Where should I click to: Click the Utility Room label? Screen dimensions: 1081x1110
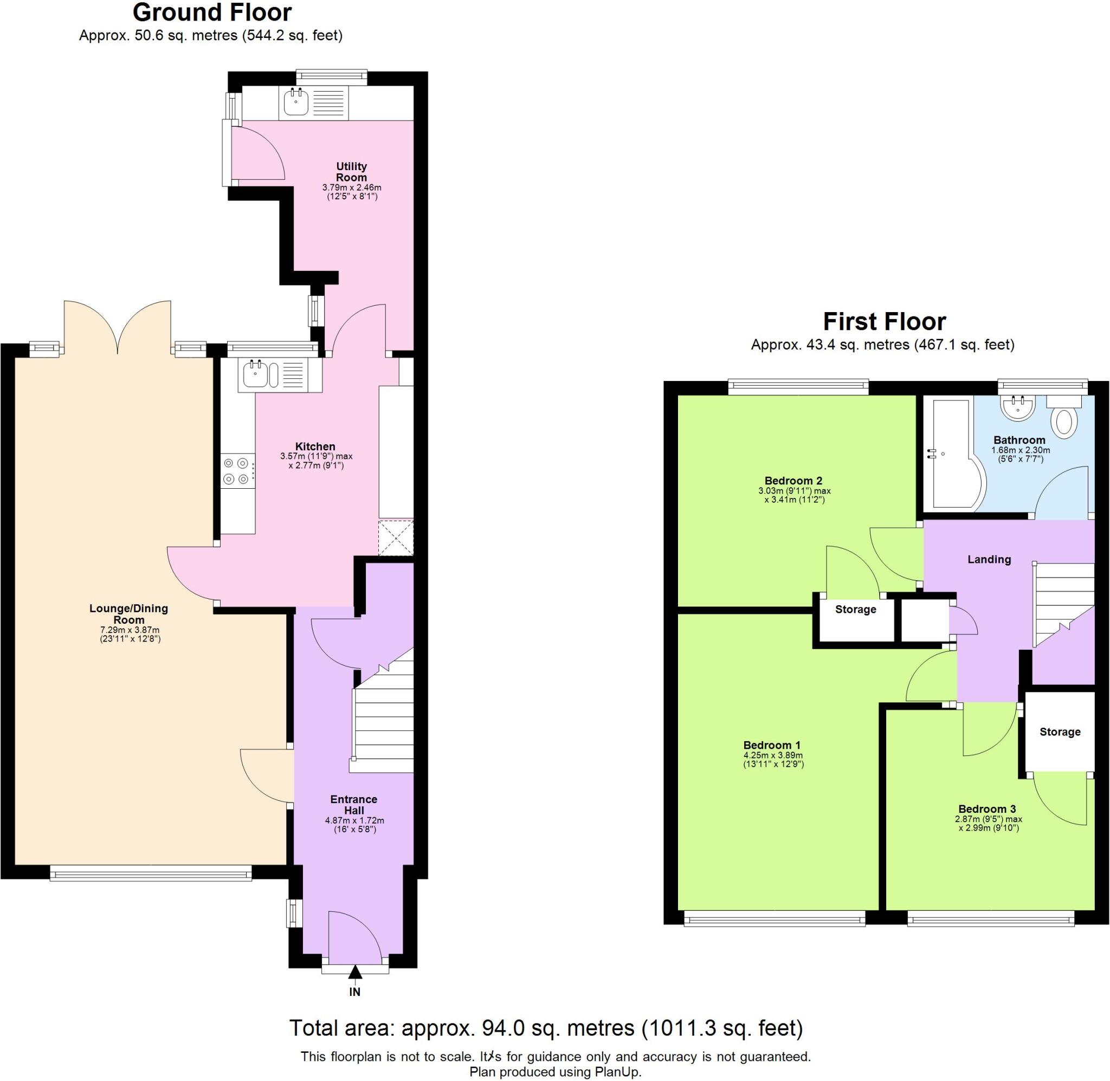(x=351, y=171)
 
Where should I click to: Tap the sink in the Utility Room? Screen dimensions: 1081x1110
(x=296, y=103)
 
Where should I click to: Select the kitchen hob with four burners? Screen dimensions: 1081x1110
(x=237, y=471)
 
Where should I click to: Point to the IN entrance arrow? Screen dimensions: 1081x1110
(x=355, y=973)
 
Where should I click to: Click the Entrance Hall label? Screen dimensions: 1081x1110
(x=354, y=805)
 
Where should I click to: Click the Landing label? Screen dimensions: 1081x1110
(x=989, y=559)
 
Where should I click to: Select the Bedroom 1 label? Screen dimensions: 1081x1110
(x=772, y=745)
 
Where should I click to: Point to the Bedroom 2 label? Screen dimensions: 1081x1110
(x=793, y=481)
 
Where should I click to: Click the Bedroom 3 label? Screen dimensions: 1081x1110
(x=988, y=809)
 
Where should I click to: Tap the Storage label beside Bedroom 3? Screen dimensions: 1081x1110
(x=1060, y=732)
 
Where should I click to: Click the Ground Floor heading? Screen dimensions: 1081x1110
(x=212, y=12)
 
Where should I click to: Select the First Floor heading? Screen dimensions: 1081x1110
(x=884, y=322)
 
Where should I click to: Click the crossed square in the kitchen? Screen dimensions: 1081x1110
(x=396, y=537)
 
